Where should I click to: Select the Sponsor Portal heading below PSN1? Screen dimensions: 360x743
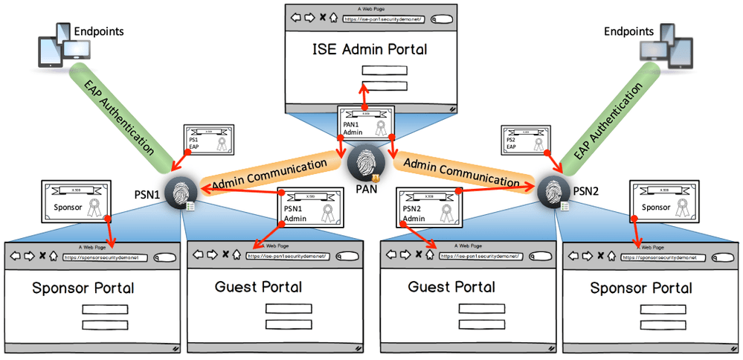point(83,287)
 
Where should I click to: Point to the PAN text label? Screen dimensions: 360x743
point(367,189)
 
